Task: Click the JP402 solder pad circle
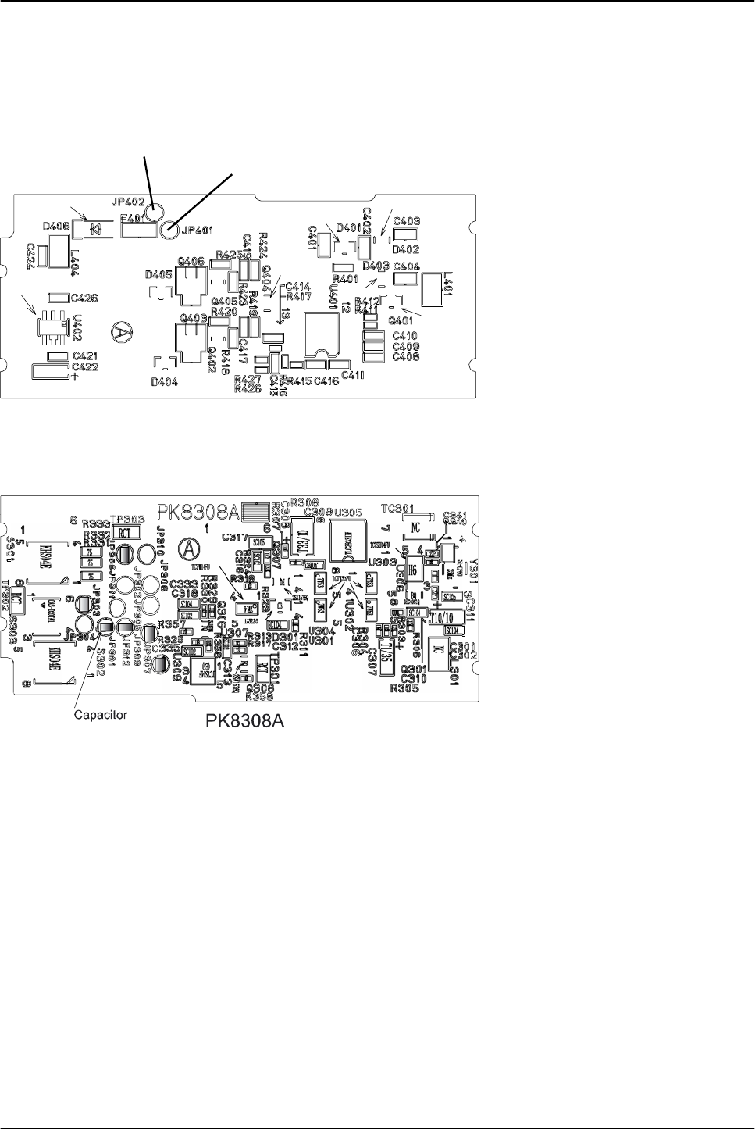click(155, 210)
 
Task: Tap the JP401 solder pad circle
click(169, 229)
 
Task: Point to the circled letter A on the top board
click(120, 330)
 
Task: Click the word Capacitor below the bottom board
click(100, 714)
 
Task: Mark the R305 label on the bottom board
click(406, 688)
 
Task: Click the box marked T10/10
click(445, 616)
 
